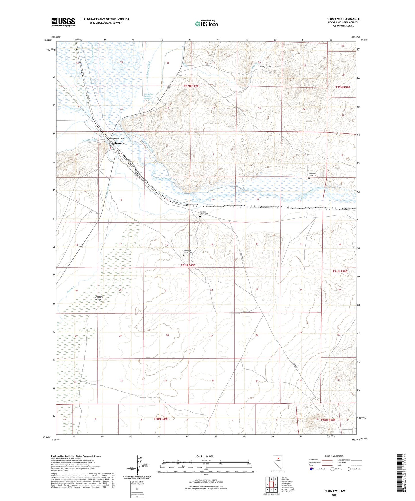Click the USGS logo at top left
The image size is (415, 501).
click(x=63, y=22)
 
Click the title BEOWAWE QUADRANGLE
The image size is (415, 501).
click(x=343, y=19)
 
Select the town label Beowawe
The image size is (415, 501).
click(x=120, y=143)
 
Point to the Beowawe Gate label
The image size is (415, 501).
click(x=117, y=139)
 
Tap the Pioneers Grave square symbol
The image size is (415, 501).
click(x=309, y=178)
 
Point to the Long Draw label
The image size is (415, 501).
click(x=265, y=66)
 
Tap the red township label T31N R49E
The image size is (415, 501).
click(x=188, y=265)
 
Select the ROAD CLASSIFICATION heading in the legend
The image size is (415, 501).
click(x=335, y=456)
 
